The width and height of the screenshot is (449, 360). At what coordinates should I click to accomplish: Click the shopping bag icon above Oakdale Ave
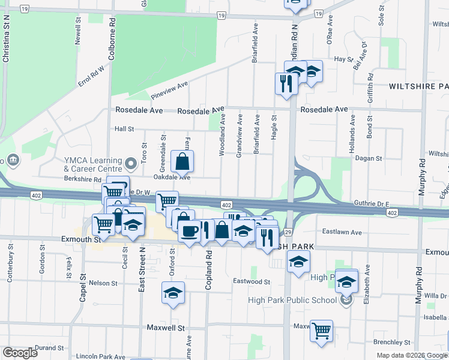point(182,161)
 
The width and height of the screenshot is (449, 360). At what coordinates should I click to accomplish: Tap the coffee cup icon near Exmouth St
point(190,231)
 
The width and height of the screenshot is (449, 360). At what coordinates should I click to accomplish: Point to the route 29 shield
point(288,231)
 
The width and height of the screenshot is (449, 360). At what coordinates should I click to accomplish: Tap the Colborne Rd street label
point(112,42)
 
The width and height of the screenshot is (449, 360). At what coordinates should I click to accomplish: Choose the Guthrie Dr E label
point(372,204)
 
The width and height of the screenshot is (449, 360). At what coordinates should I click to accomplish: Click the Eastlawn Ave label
point(342,232)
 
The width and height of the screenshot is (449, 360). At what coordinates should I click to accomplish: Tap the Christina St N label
point(7,40)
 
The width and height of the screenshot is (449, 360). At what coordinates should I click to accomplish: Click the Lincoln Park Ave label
point(100,356)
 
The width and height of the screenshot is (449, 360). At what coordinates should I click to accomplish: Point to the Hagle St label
point(274,127)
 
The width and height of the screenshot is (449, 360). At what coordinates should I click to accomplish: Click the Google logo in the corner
point(20,353)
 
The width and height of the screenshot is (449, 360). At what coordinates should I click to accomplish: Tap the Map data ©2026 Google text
point(411,355)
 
